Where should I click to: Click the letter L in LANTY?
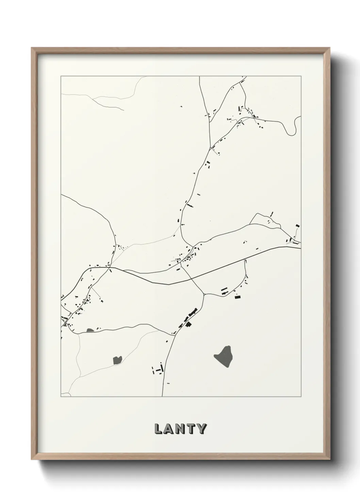click(x=159, y=429)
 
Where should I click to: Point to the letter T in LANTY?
click(x=191, y=429)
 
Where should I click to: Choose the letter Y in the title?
click(x=201, y=429)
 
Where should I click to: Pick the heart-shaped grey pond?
click(x=117, y=359)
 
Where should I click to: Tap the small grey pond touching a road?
click(x=90, y=330)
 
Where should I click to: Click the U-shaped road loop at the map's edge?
click(x=293, y=126)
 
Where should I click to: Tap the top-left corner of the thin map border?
click(x=61, y=76)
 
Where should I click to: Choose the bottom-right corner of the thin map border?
click(x=301, y=397)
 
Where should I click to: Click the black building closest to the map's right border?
click(x=297, y=225)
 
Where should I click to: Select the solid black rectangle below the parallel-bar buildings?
click(x=238, y=297)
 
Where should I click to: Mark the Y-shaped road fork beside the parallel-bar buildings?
click(x=204, y=294)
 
